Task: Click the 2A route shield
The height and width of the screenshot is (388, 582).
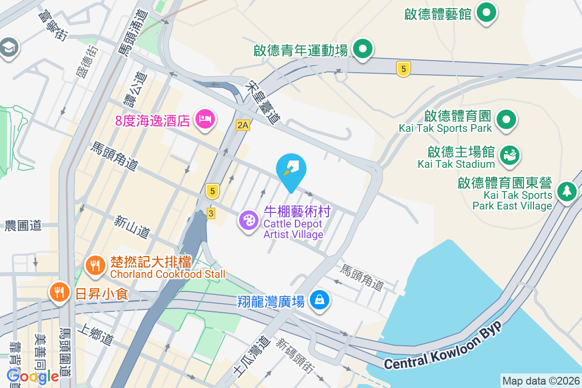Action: [242, 126]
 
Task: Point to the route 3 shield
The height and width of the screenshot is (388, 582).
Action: [210, 213]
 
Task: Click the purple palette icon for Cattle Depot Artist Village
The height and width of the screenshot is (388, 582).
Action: [248, 221]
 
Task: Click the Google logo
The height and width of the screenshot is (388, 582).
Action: [33, 376]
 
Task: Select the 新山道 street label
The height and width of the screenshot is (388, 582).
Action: [132, 226]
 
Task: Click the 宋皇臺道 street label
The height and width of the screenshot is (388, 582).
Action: [265, 102]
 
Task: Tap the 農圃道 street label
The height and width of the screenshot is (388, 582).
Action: [23, 226]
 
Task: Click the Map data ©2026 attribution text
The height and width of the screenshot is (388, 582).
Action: [541, 381]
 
